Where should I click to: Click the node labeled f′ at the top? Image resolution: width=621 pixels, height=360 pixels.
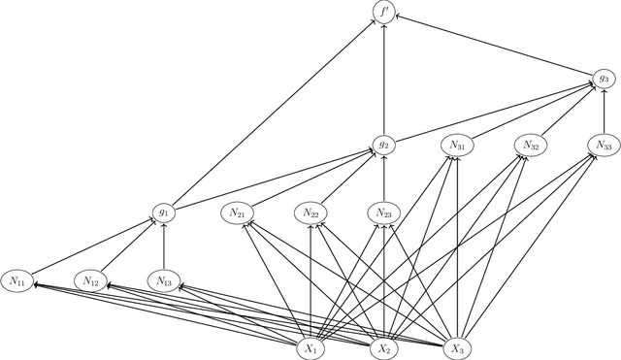[x=384, y=13]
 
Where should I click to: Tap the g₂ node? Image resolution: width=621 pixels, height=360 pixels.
[x=384, y=145]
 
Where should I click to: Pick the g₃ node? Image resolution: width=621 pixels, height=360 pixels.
[x=604, y=78]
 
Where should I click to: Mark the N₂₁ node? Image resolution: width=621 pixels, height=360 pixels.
[x=238, y=212]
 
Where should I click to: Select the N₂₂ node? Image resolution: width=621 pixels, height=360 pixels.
[x=311, y=212]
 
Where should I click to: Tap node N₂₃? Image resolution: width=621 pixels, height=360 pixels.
[x=384, y=212]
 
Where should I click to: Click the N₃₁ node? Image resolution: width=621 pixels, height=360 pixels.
[x=457, y=145]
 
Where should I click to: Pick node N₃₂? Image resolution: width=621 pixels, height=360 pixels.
[x=531, y=145]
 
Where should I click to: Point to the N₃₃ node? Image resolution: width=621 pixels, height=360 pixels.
[x=604, y=145]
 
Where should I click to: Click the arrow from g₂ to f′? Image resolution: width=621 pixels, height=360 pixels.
[x=384, y=78]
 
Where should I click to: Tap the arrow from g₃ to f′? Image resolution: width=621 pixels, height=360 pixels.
[x=495, y=46]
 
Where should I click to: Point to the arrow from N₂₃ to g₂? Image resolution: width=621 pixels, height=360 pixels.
[x=384, y=179]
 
